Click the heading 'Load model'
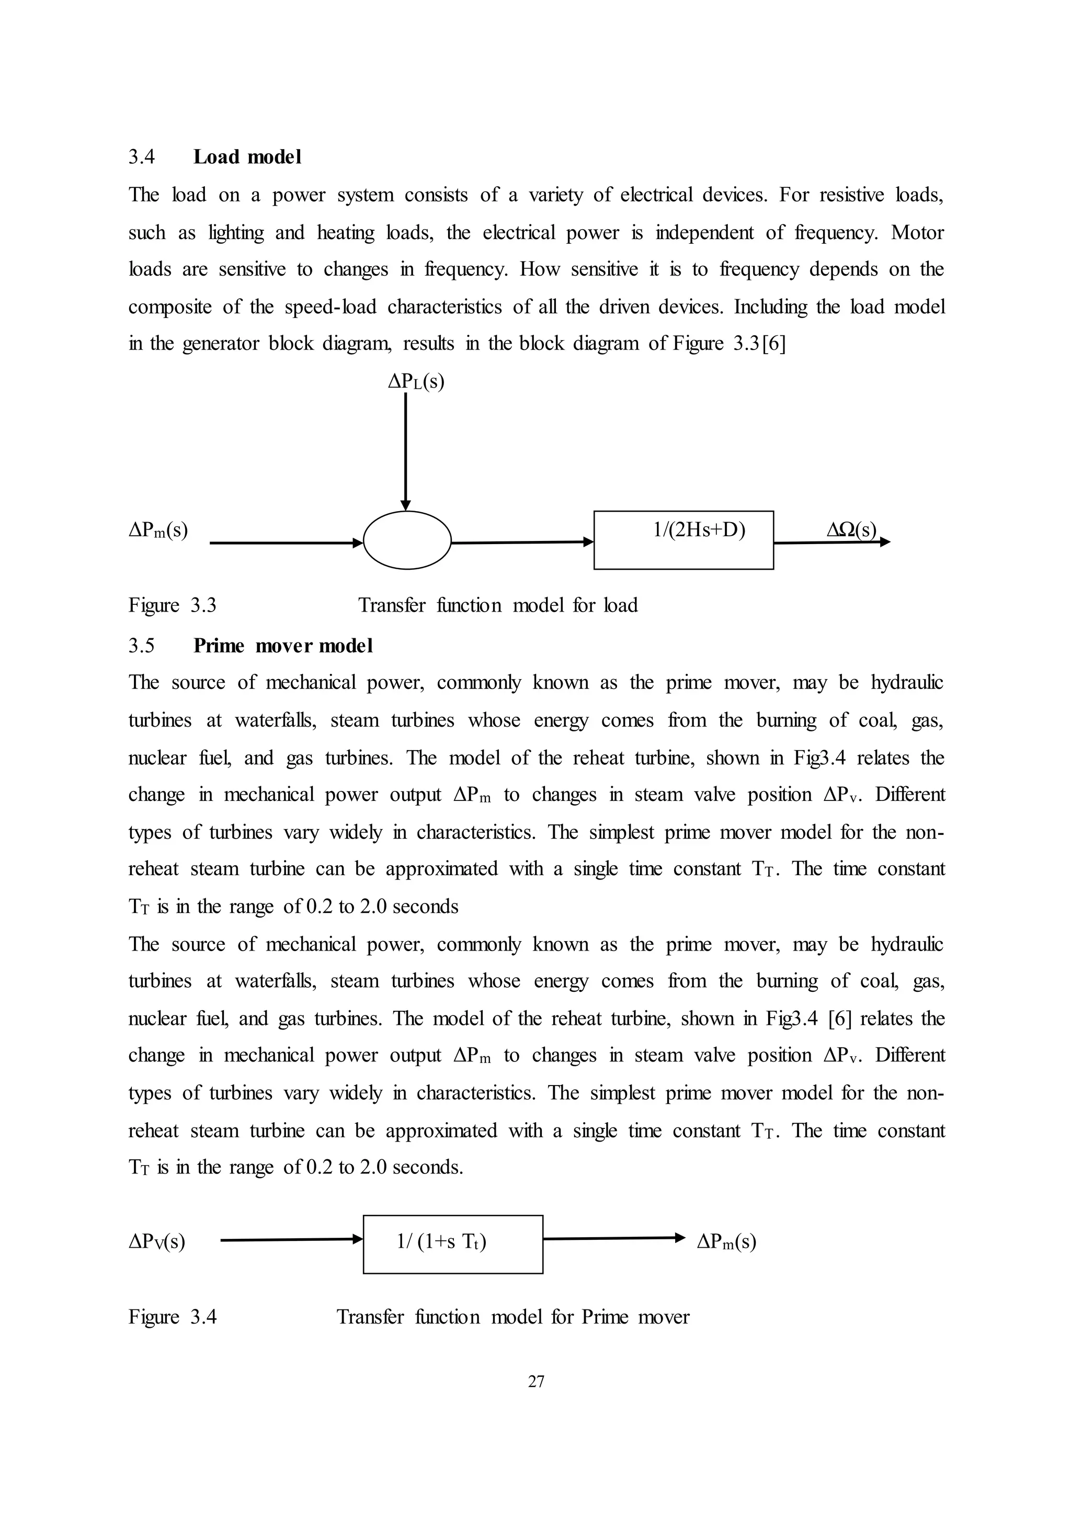pyautogui.click(x=247, y=157)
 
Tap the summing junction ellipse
pyautogui.click(x=407, y=540)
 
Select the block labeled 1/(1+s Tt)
pyautogui.click(x=452, y=1244)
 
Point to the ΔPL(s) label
pyautogui.click(x=415, y=381)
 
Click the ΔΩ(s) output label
pyautogui.click(x=851, y=530)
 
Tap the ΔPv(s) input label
pyautogui.click(x=157, y=1242)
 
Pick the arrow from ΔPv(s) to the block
pyautogui.click(x=291, y=1240)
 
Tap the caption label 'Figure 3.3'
pyautogui.click(x=172, y=605)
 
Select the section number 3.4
pyautogui.click(x=141, y=157)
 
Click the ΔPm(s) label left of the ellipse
pyautogui.click(x=158, y=530)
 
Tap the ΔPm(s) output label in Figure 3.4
pyautogui.click(x=726, y=1242)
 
